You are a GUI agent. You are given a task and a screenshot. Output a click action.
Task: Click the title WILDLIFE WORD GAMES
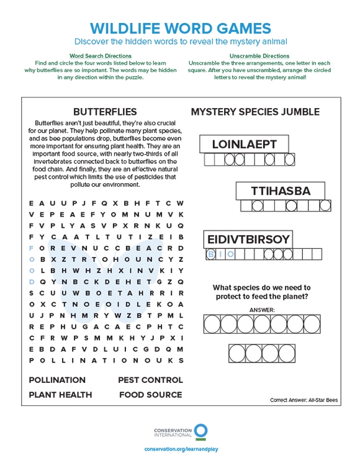(180, 28)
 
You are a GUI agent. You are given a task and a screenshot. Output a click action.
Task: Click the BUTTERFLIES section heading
(105, 112)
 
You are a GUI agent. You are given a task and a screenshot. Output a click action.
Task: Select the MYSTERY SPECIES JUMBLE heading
(255, 112)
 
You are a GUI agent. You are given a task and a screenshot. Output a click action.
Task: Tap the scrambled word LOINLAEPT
(245, 145)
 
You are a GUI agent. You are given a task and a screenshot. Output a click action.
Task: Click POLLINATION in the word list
(57, 380)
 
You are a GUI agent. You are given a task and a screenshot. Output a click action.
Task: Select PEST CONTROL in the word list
(150, 380)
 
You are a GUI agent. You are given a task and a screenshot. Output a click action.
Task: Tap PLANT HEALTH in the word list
(60, 395)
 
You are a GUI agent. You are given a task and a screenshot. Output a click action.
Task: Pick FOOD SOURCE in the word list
(150, 395)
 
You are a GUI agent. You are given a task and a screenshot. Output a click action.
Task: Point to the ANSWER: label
(261, 309)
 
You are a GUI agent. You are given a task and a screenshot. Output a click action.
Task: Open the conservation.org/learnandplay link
(180, 449)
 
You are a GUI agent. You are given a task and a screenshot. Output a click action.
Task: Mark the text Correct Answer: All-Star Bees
(304, 400)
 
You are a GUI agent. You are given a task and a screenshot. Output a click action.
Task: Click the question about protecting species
(261, 292)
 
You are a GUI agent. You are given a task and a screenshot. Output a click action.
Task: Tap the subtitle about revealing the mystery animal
(180, 42)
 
